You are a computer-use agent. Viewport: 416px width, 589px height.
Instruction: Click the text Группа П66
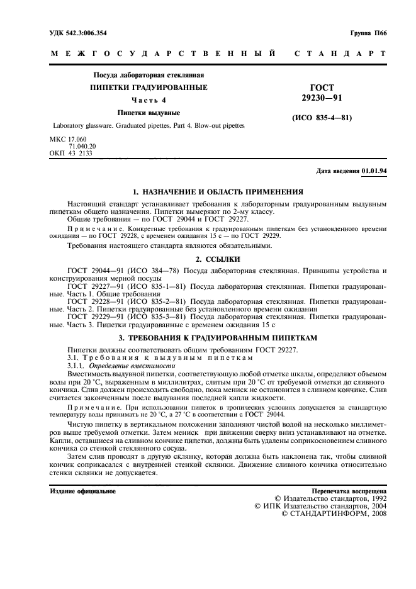click(368, 31)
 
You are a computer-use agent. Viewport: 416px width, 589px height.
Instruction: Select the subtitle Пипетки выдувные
click(150, 113)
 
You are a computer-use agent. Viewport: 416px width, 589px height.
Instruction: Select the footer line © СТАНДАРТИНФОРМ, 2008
click(332, 513)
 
